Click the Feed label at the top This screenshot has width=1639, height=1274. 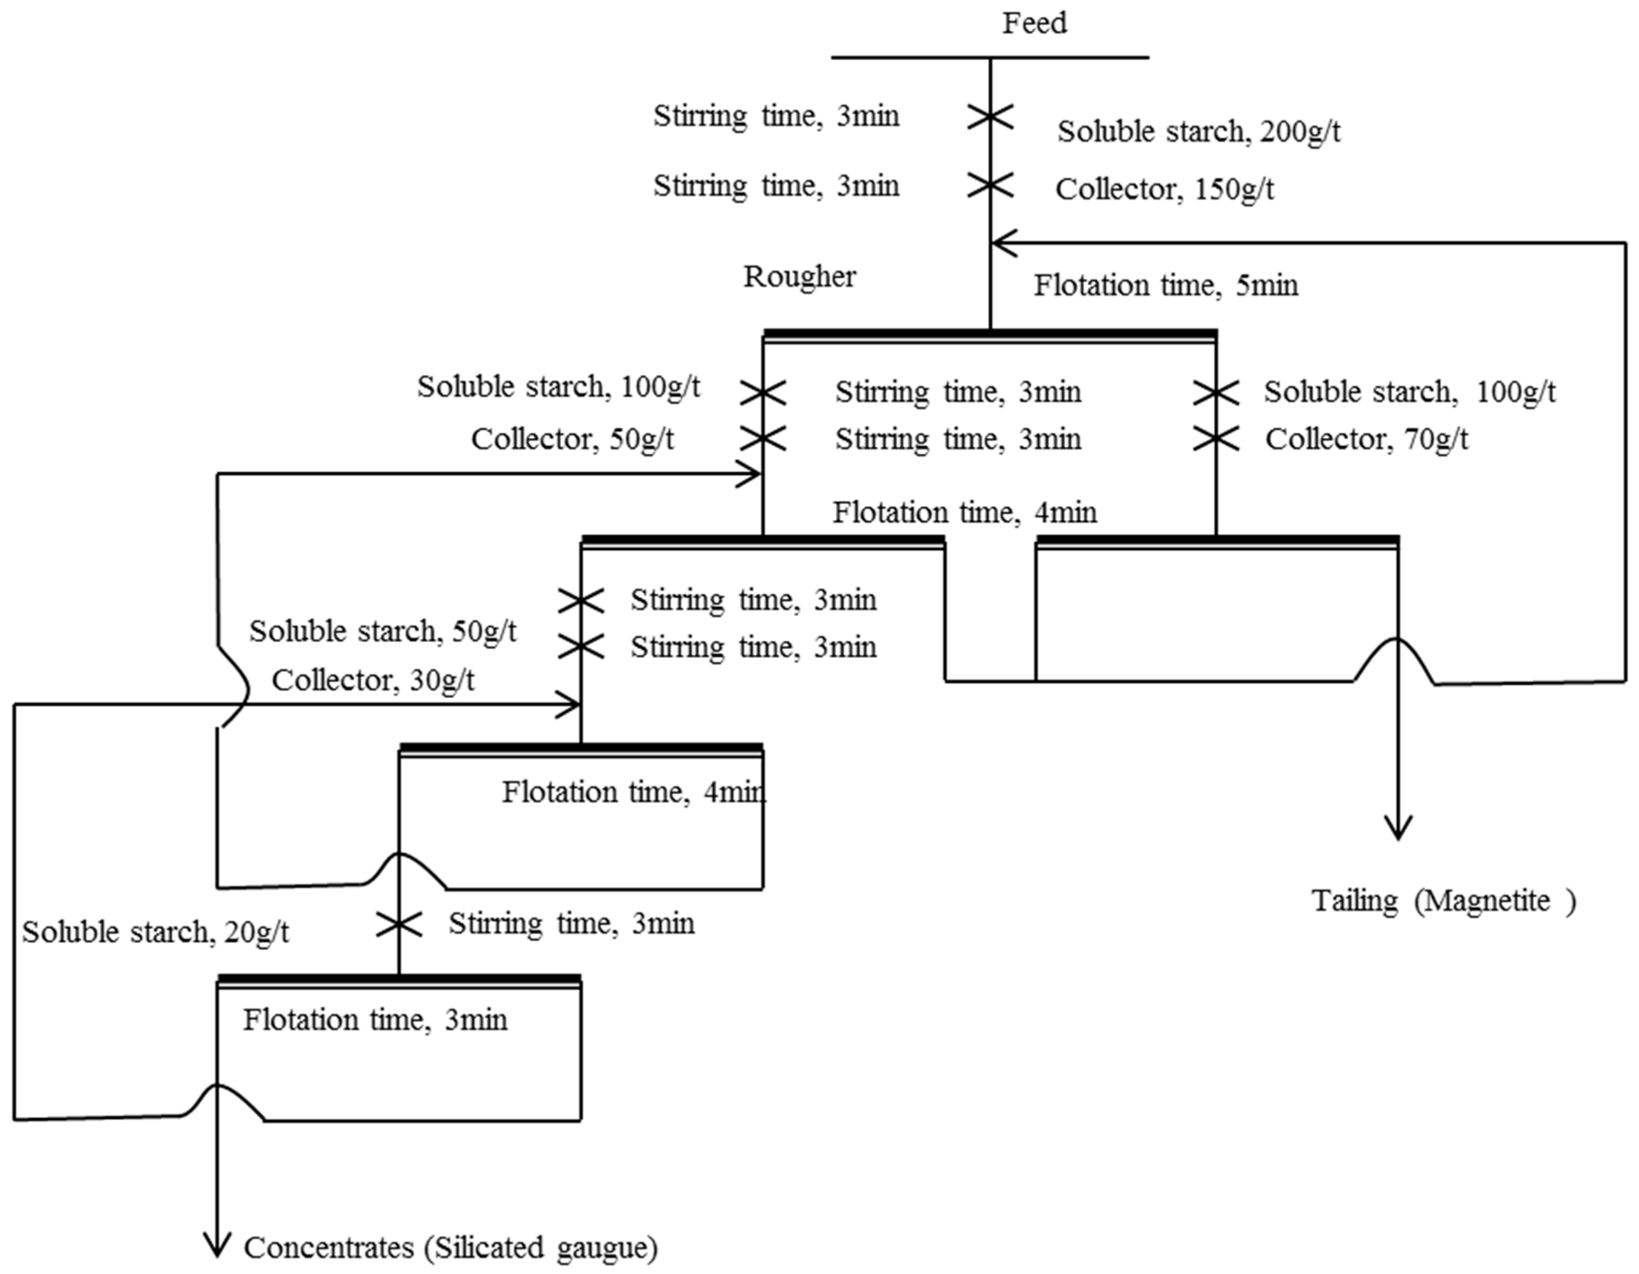click(x=1034, y=23)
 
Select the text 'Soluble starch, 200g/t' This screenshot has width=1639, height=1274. click(x=1198, y=132)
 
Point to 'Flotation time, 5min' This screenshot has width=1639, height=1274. click(x=1165, y=286)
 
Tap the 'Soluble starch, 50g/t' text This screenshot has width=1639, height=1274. click(x=383, y=632)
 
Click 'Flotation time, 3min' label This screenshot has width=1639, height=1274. click(x=375, y=1020)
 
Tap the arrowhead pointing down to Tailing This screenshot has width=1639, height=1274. click(x=1397, y=828)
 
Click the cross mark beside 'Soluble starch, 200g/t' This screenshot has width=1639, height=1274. click(x=990, y=117)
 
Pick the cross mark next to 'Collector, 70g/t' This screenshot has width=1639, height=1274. click(x=1216, y=439)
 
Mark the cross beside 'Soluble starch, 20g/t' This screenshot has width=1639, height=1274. click(x=398, y=925)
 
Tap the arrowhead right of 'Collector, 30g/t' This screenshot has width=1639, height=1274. click(x=568, y=704)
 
